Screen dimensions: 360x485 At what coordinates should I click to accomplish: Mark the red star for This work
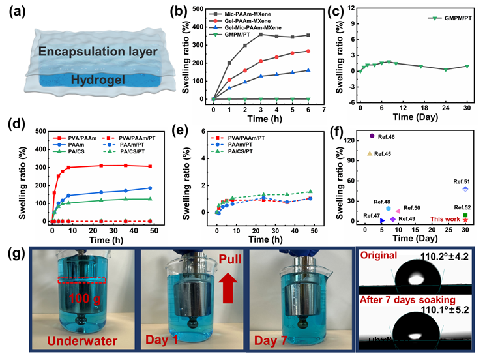[465, 220]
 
